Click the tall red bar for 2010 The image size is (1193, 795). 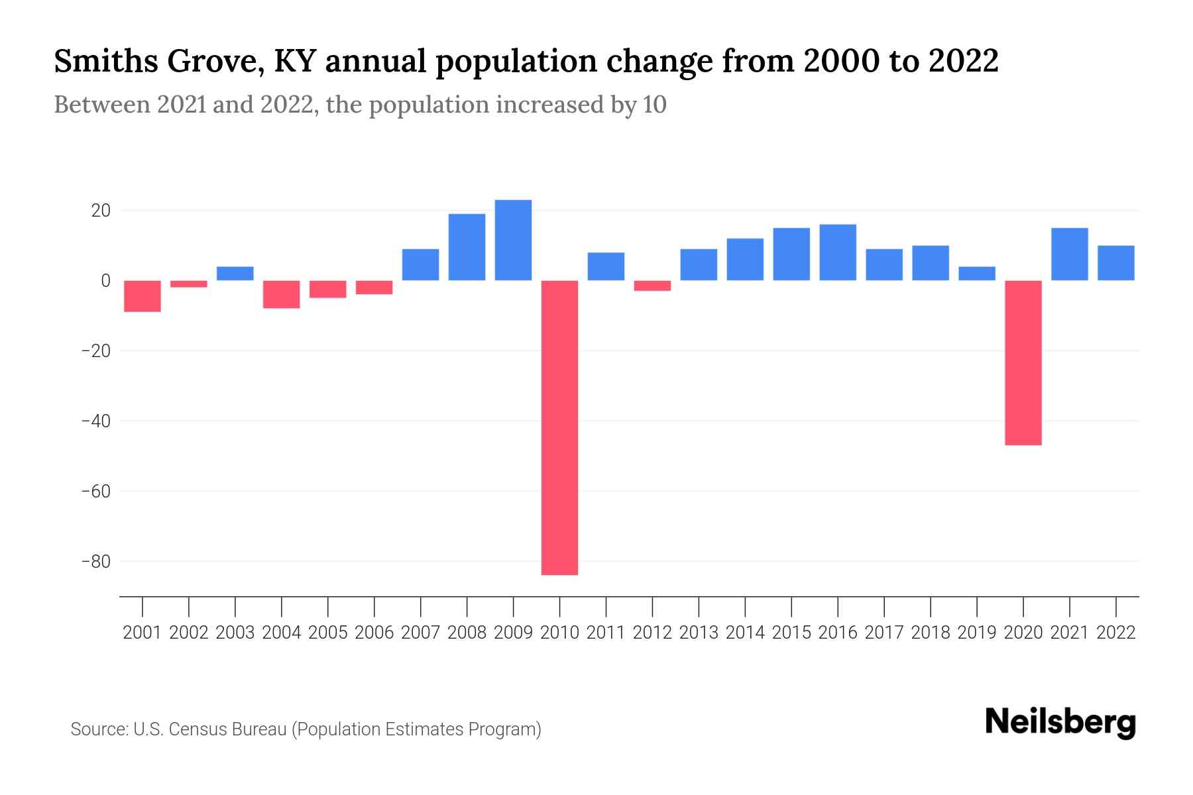(559, 427)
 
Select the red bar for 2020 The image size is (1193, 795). (1023, 362)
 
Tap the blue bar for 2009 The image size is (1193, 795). (513, 240)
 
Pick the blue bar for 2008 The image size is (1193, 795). (467, 246)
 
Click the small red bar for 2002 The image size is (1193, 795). (189, 284)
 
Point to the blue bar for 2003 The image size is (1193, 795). (235, 274)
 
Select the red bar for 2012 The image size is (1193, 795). (652, 286)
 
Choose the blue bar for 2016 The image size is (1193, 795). (838, 252)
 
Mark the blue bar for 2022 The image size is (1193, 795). (1116, 263)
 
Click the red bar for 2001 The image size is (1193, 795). (142, 295)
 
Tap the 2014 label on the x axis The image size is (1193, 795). (745, 633)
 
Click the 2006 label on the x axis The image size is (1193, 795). (374, 633)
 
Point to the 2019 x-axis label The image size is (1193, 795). (977, 633)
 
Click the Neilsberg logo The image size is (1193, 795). (1060, 722)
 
